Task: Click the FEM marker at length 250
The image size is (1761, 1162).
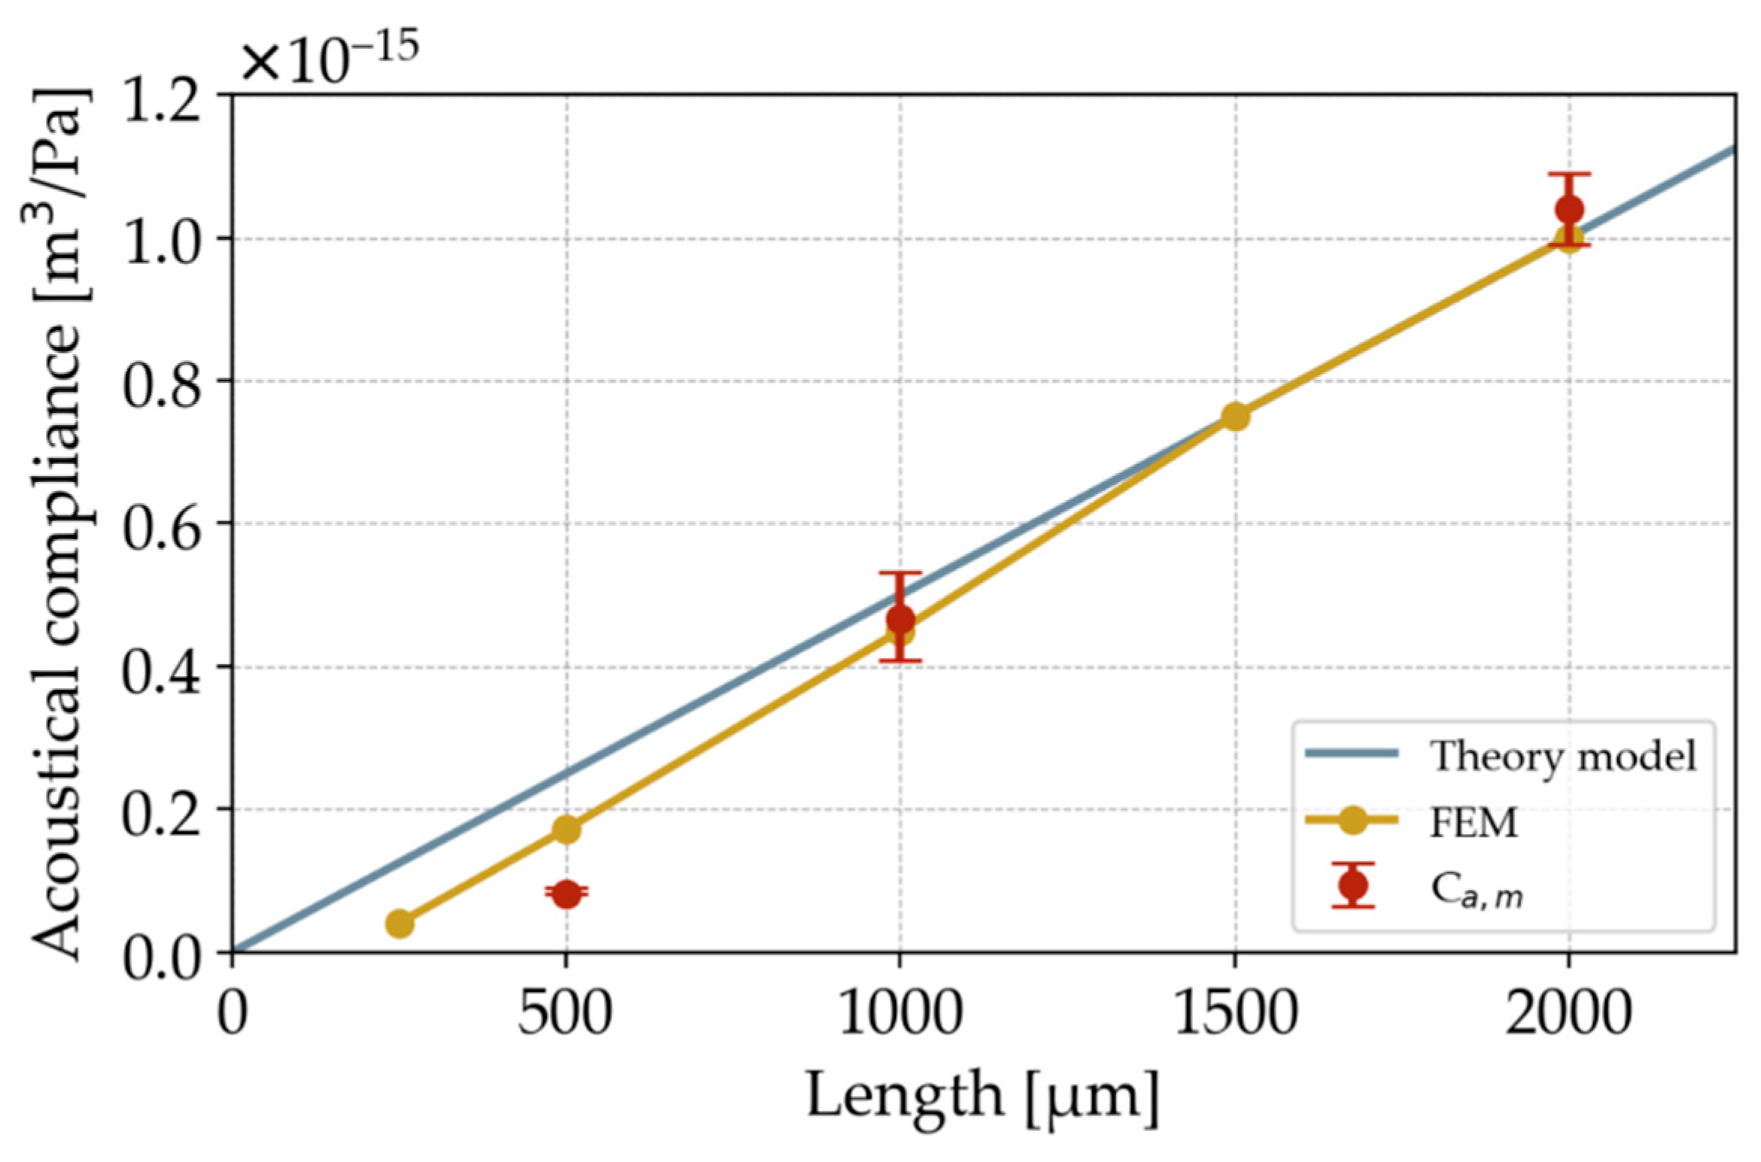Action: point(399,923)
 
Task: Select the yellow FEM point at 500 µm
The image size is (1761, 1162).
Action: point(566,829)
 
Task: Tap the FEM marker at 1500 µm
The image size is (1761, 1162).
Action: point(1234,416)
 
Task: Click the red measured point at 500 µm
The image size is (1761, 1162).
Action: point(566,893)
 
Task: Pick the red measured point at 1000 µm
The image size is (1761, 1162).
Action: point(900,620)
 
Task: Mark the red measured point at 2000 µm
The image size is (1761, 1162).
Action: point(1569,209)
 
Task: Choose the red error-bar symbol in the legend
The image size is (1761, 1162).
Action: point(1353,885)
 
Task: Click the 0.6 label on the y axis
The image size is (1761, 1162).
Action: point(161,525)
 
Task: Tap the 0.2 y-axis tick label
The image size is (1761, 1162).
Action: point(161,811)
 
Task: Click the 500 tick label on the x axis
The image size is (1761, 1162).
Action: point(565,1013)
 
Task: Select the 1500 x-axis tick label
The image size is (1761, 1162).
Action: point(1235,1013)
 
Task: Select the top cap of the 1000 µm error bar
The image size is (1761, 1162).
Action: point(900,573)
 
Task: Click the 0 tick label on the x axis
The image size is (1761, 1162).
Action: point(232,1013)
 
